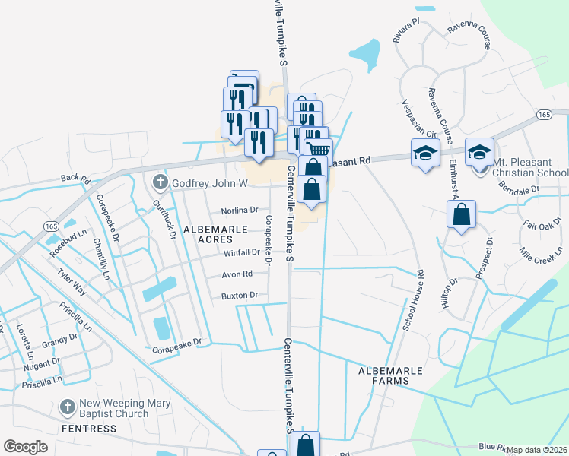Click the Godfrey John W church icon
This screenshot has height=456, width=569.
point(160,182)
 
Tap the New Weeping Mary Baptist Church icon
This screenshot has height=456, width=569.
point(67,408)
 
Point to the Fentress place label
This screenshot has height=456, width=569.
point(88,429)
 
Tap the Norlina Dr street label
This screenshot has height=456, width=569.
point(240,210)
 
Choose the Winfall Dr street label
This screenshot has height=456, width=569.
point(242,253)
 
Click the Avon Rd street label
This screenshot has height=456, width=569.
point(237,274)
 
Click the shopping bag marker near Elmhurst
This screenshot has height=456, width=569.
point(461,214)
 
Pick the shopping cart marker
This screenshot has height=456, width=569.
point(318,150)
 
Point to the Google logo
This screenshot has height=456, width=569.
point(26,447)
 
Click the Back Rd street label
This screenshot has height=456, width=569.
point(75,180)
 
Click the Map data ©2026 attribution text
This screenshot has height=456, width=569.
point(537,450)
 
